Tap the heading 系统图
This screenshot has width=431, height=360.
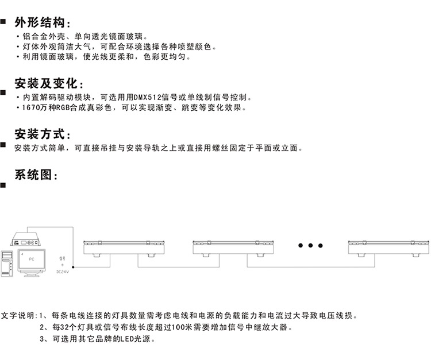(x=34, y=175)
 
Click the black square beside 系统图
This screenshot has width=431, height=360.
(x=3, y=185)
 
